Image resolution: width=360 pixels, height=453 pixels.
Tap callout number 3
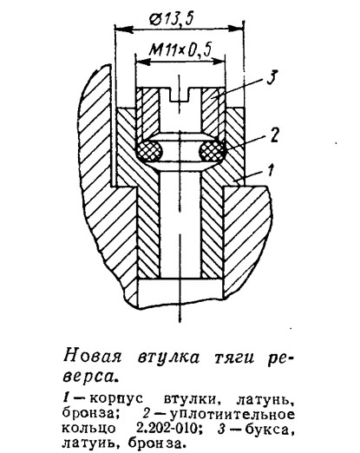272,76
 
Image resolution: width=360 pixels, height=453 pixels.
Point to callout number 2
274,135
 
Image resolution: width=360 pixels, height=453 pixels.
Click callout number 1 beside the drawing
270,170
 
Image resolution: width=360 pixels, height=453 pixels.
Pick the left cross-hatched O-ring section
149,150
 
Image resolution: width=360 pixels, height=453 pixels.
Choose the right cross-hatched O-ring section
212,150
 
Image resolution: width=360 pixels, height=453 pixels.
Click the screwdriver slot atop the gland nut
180,95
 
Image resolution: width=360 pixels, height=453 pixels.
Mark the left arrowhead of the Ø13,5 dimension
124,29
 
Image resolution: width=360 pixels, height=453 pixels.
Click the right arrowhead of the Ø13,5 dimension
234,29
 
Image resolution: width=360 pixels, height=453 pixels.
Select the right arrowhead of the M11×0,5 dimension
218,62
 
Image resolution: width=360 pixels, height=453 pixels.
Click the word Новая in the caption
92,356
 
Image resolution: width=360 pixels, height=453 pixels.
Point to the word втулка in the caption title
168,357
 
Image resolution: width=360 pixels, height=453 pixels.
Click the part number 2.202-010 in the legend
168,428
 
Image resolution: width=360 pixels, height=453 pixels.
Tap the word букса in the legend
266,429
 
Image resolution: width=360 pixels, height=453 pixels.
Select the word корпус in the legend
116,400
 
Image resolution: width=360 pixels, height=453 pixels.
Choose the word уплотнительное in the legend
232,415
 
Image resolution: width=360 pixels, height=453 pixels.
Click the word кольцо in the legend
88,429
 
